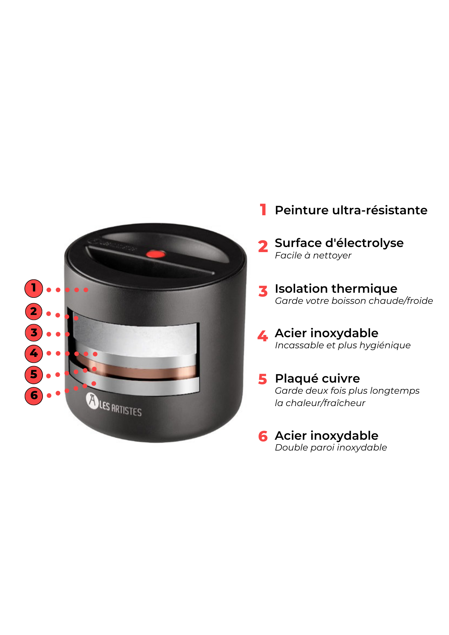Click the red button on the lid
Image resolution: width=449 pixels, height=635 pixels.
coord(156,254)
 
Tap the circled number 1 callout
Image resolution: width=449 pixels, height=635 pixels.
coord(34,288)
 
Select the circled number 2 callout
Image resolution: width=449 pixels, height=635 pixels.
coord(34,311)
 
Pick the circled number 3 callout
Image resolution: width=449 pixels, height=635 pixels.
coord(34,333)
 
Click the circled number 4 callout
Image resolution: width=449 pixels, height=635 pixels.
coord(34,353)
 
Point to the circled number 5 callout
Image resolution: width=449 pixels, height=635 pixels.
coord(34,375)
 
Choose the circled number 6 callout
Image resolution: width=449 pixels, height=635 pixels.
coord(34,396)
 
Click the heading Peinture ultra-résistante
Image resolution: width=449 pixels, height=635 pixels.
coord(351,210)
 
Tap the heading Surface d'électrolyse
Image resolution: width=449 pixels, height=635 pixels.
coord(339,243)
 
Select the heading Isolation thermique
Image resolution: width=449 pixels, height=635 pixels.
coord(336,289)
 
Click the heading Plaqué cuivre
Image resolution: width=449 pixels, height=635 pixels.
coord(318,379)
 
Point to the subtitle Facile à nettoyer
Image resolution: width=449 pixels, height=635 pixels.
coord(313,255)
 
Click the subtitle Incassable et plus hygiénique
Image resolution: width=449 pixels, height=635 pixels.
coord(343,345)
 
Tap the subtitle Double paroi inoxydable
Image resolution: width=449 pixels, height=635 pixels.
coord(331,448)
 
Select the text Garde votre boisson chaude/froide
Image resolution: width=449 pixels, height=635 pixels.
coord(354,301)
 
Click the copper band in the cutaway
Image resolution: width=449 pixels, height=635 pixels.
coord(137,371)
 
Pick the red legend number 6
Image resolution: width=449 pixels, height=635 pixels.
coord(263,436)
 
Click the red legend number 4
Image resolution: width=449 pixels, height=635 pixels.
coord(263,336)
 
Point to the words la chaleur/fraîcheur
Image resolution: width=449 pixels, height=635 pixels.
coord(320,403)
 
